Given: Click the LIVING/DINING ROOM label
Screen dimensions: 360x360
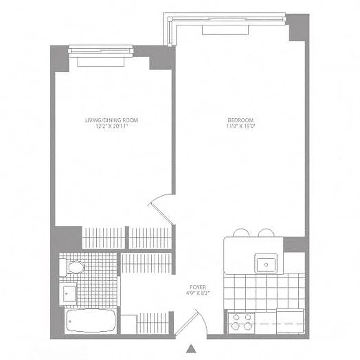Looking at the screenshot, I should [112, 120].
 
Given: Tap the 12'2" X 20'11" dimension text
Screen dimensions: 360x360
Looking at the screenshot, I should [112, 126].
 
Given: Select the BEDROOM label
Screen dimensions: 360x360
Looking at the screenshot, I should [241, 120].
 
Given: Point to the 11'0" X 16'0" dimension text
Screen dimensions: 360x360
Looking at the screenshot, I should [241, 126].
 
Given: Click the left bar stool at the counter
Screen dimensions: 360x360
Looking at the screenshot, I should [241, 233].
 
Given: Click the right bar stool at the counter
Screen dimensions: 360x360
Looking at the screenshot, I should [266, 233].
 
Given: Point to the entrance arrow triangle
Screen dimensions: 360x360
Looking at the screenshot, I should [192, 348].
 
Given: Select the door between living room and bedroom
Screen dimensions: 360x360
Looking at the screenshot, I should [162, 207].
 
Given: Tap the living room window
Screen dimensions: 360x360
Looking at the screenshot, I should [101, 51].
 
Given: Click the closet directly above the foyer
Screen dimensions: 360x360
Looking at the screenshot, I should [146, 263].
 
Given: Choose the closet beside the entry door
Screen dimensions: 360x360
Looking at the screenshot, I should [153, 323].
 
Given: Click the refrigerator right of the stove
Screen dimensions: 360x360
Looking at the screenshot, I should [290, 322].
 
